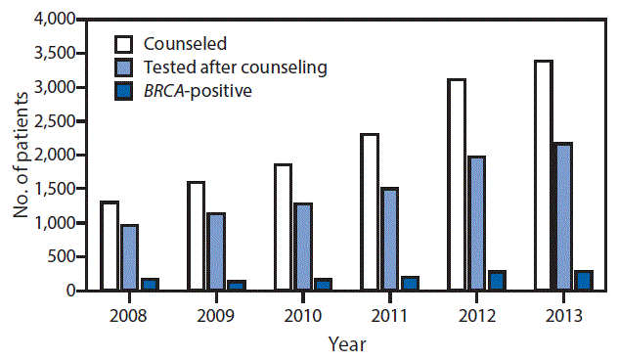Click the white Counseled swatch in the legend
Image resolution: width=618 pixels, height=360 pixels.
pos(124,43)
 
